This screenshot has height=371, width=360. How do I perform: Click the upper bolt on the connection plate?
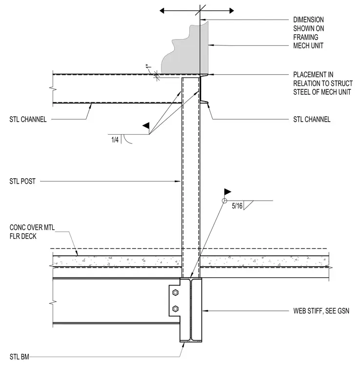[176, 293]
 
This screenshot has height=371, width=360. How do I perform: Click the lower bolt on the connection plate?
[176, 309]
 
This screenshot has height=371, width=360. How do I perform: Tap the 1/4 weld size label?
[115, 140]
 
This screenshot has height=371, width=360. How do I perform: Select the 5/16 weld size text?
[237, 206]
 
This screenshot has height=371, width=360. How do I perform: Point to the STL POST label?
[22, 182]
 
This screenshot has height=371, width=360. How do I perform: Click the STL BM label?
[20, 357]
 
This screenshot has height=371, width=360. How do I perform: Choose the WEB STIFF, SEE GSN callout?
[321, 311]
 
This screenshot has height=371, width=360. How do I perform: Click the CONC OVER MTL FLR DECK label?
[32, 232]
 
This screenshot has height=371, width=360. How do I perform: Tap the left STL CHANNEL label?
[28, 120]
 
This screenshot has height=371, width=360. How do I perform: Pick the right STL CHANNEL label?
[312, 120]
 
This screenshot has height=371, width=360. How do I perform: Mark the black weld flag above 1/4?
[146, 125]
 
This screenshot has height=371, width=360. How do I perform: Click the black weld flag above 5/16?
[227, 192]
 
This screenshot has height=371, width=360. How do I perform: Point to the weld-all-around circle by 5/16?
[224, 201]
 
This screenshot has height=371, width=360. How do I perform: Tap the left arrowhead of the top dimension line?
[162, 11]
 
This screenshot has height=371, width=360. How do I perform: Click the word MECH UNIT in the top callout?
[308, 46]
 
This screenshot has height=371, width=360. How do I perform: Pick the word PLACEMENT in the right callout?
[313, 75]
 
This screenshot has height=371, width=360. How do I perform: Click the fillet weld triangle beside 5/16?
[248, 205]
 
